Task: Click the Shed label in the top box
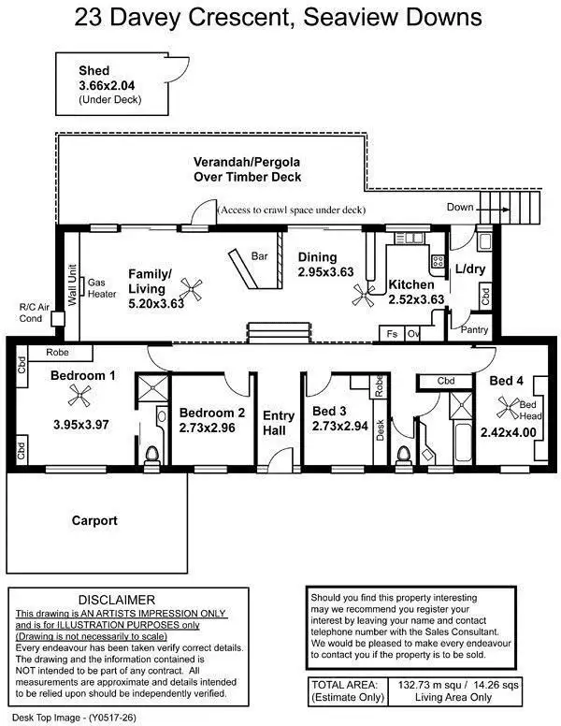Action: [x=95, y=71]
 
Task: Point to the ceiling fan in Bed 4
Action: [x=511, y=407]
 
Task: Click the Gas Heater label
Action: [x=101, y=287]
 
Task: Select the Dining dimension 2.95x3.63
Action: [x=326, y=271]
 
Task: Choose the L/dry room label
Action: [x=470, y=269]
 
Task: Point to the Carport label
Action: [x=94, y=520]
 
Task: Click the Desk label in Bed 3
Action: [x=381, y=428]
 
